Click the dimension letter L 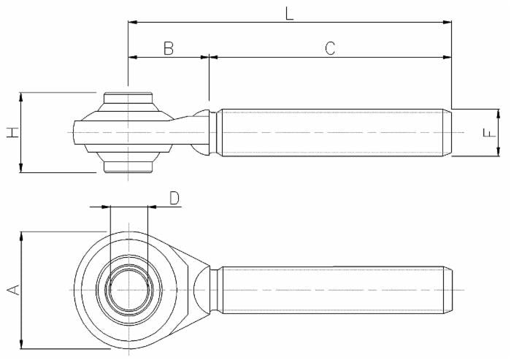point(290,12)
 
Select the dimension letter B point(168,48)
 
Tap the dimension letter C point(330,48)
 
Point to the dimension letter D point(174,198)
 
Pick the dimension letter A point(12,290)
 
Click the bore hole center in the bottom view point(128,290)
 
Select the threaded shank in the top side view point(332,132)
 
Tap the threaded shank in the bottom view point(332,290)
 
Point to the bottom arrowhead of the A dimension point(22,344)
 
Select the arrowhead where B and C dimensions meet point(209,56)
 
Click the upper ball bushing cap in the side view point(128,99)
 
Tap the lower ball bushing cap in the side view point(128,166)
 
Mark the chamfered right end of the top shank point(448,132)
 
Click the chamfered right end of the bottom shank point(448,290)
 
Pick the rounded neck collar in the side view point(202,132)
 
